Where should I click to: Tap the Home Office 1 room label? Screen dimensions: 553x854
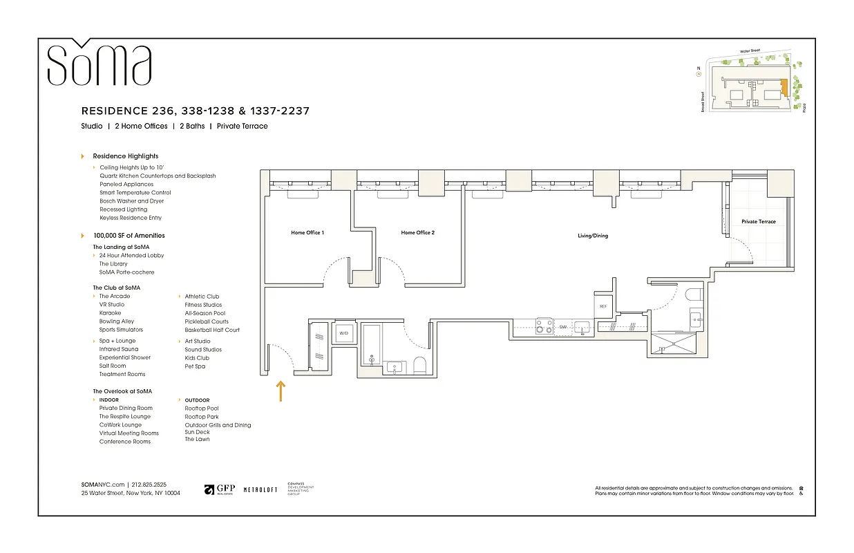pos(307,233)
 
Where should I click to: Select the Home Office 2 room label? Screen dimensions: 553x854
pos(417,233)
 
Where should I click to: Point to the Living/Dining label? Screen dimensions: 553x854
pos(593,236)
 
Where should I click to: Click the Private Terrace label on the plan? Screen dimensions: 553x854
pos(758,222)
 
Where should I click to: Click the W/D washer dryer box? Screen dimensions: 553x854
pos(343,333)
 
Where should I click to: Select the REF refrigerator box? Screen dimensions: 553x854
pos(602,306)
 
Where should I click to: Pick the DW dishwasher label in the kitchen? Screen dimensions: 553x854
pos(563,327)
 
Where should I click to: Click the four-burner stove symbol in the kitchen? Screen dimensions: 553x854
pos(544,326)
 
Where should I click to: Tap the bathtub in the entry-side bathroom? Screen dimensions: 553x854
pos(372,344)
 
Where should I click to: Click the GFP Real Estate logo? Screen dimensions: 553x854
pos(219,489)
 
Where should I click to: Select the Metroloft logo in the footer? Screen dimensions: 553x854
pos(260,489)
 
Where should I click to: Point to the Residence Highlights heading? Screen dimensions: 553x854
pos(125,156)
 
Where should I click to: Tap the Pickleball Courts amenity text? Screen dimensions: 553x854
pos(206,321)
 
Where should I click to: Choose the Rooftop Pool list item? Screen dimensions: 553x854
pos(201,409)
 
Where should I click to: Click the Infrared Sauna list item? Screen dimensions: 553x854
pos(118,349)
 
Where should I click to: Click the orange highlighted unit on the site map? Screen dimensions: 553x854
pos(784,88)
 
